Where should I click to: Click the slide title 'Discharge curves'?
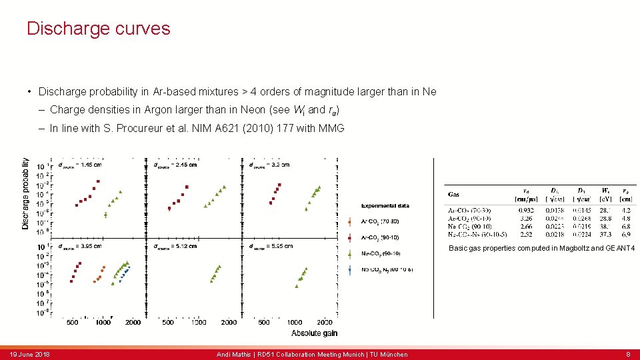click(98, 29)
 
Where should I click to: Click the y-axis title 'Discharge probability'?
click(25, 193)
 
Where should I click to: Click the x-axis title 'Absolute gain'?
click(315, 333)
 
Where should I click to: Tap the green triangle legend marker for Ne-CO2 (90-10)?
click(351, 253)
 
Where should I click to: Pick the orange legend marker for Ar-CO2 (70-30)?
click(351, 221)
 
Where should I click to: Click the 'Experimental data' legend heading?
click(385, 205)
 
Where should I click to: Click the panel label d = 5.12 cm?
click(175, 247)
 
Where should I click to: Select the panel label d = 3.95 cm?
click(79, 247)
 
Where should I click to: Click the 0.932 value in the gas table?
click(526, 209)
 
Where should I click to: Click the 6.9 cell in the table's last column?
click(626, 234)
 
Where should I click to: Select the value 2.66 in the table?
click(526, 226)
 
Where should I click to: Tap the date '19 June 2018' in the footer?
click(30, 354)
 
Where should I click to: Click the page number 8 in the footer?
click(628, 354)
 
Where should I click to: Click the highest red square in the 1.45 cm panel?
click(98, 181)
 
